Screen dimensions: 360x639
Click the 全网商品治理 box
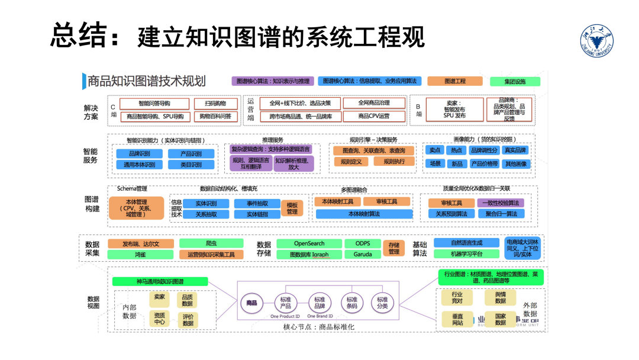click(375, 103)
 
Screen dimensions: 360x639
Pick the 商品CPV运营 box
click(375, 117)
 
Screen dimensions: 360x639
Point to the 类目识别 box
click(191, 165)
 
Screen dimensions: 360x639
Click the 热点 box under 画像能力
click(457, 150)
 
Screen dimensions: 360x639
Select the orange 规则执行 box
click(394, 162)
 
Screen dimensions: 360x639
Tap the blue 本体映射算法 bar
click(364, 214)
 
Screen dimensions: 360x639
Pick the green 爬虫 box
click(211, 243)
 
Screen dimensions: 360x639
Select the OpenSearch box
click(309, 243)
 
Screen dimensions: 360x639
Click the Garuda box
click(363, 255)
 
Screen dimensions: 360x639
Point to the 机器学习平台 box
click(466, 254)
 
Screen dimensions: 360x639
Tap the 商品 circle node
click(253, 303)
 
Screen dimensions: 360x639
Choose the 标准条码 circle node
click(352, 303)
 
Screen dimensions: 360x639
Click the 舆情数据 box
click(501, 297)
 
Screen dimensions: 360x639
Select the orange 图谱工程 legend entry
click(455, 81)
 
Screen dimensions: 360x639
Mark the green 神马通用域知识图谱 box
click(160, 281)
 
